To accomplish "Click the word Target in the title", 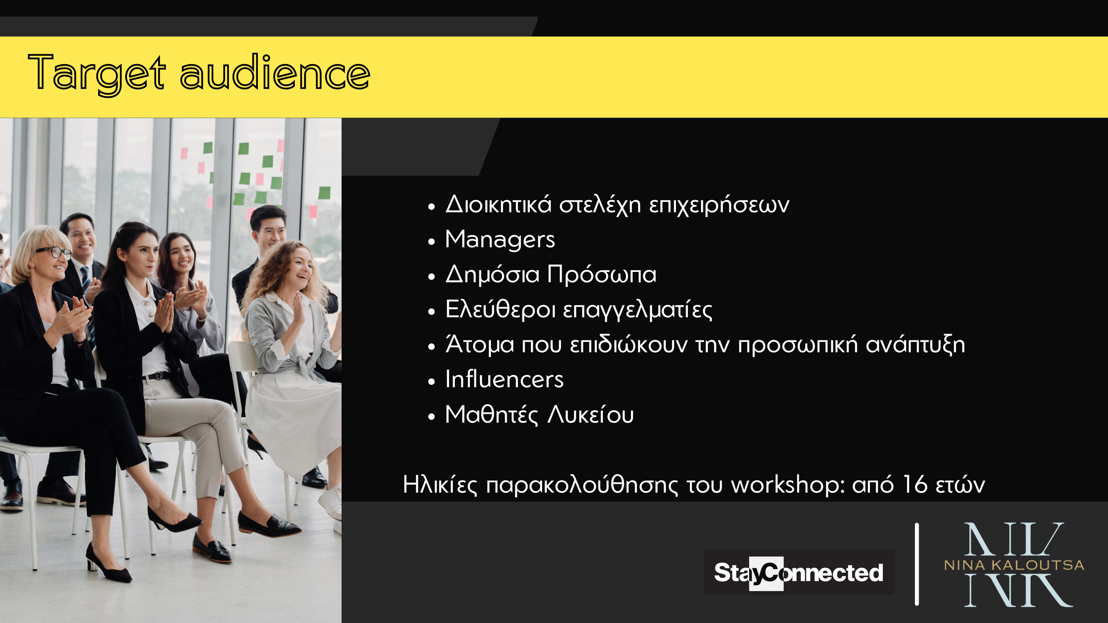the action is [97, 73].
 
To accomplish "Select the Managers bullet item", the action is [500, 240].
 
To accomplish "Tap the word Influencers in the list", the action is [504, 379].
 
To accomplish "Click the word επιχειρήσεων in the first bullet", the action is [719, 205].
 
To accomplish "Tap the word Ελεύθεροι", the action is [500, 309].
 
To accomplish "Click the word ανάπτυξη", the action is [915, 345].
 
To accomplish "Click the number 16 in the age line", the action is [914, 484].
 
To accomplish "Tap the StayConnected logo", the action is [799, 572].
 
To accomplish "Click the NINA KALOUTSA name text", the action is [1014, 565].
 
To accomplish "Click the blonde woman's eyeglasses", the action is [54, 252].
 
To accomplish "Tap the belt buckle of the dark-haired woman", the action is [158, 376].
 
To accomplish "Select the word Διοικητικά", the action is [498, 204].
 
